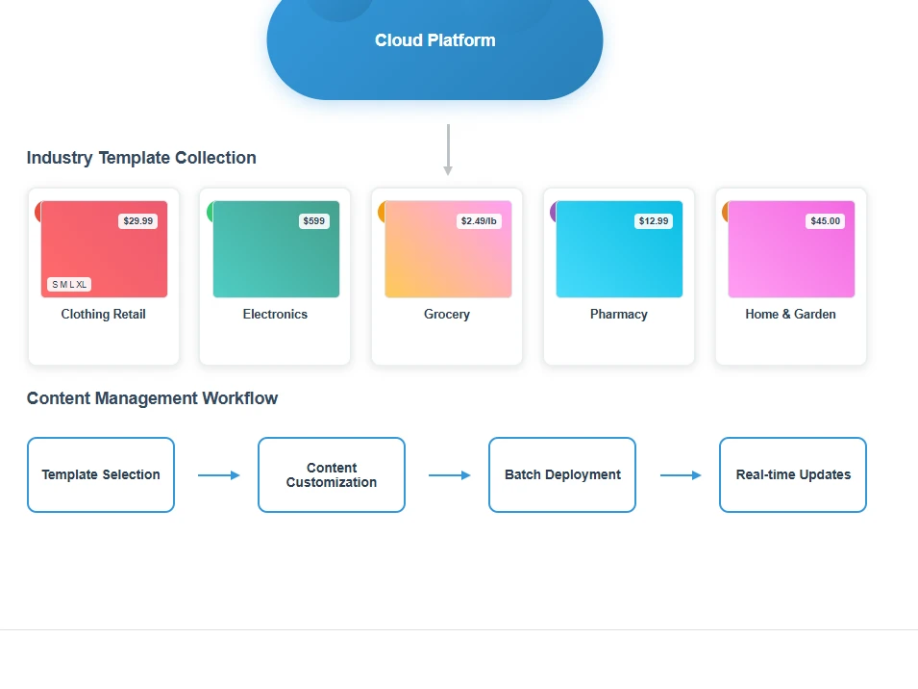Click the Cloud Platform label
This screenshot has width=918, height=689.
click(x=435, y=40)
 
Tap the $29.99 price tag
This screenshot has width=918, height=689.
click(x=138, y=221)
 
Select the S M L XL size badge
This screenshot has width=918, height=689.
click(x=69, y=285)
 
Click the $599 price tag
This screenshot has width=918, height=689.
click(x=313, y=221)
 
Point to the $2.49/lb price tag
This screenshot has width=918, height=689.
click(x=479, y=221)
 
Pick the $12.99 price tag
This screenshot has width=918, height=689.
click(x=654, y=221)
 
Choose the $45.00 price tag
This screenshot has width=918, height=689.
click(x=825, y=221)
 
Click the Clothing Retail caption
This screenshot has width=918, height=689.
click(x=104, y=314)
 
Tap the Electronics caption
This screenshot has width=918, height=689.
click(x=275, y=314)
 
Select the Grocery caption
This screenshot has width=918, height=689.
click(x=447, y=315)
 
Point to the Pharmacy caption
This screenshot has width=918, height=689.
click(x=619, y=315)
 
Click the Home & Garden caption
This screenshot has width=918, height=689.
click(x=790, y=314)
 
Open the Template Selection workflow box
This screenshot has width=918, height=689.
click(x=101, y=474)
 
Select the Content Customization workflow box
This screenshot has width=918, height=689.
click(x=332, y=474)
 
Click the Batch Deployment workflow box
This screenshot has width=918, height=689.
click(x=562, y=474)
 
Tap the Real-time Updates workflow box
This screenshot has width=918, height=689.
click(x=793, y=474)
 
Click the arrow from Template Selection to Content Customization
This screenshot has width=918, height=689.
click(x=219, y=475)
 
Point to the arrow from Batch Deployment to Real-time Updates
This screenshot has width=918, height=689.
click(x=681, y=475)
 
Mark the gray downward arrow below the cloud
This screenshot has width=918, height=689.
click(x=448, y=149)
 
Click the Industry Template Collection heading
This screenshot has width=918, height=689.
click(x=141, y=158)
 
